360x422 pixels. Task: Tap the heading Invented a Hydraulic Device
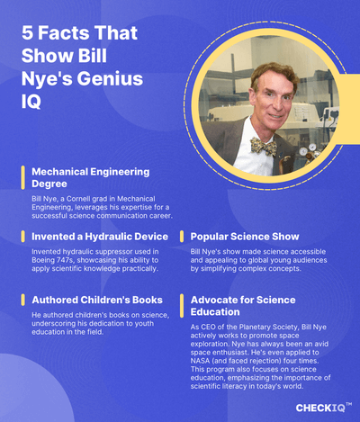pyautogui.click(x=94, y=237)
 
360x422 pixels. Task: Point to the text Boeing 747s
pyautogui.click(x=55, y=259)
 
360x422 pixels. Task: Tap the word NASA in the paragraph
pyautogui.click(x=202, y=363)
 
